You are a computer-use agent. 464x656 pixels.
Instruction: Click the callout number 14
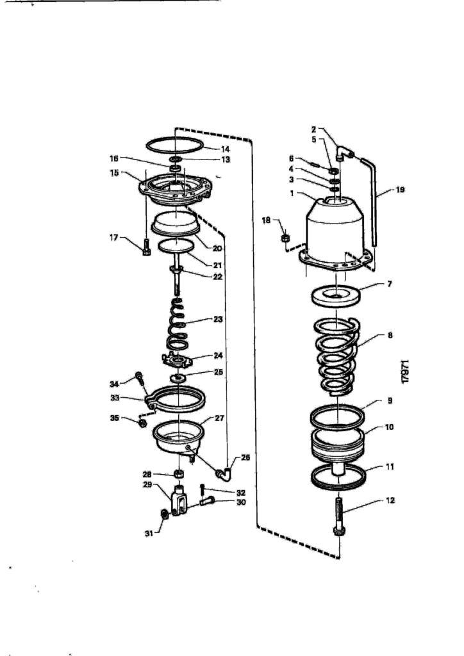tap(225, 149)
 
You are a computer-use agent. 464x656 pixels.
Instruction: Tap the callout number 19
tap(400, 190)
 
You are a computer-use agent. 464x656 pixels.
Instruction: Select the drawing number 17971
tap(405, 372)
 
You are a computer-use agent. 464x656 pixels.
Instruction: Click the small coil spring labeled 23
tap(178, 324)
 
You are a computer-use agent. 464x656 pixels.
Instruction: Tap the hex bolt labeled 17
tap(146, 247)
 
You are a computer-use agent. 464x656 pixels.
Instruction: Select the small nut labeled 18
tap(285, 238)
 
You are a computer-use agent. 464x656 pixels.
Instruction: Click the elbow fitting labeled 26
tap(224, 473)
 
